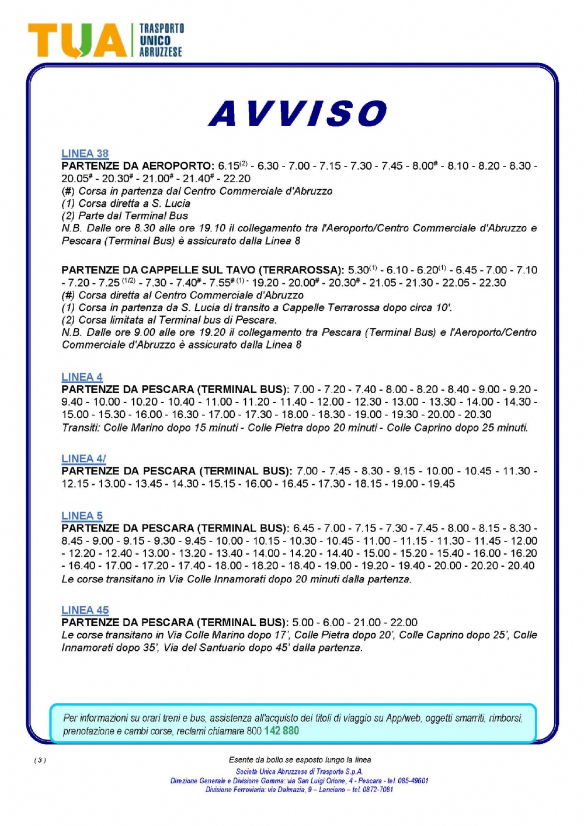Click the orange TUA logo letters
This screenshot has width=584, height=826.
click(x=77, y=41)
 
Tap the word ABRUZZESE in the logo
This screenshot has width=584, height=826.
click(x=161, y=52)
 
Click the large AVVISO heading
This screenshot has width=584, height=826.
click(x=298, y=113)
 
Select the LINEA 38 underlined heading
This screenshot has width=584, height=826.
click(x=85, y=154)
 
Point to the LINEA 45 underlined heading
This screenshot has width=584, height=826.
click(x=85, y=610)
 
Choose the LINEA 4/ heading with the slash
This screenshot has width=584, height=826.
click(x=84, y=459)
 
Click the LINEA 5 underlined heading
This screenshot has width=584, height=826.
click(x=82, y=516)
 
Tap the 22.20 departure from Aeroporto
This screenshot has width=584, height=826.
click(x=237, y=179)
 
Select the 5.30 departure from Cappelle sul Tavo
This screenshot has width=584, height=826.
click(x=358, y=270)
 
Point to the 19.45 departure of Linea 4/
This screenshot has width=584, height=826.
click(x=442, y=484)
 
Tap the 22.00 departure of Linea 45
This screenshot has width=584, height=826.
click(x=404, y=623)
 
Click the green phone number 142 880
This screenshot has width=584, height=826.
click(x=281, y=731)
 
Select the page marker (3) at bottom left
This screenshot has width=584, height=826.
click(x=40, y=760)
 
